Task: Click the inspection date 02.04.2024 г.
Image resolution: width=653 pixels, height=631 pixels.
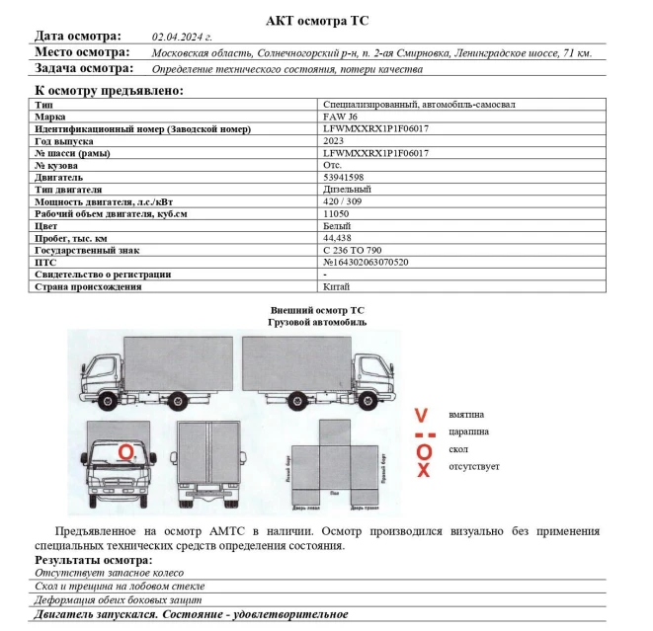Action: point(182,37)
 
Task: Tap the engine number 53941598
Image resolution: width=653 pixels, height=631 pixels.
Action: point(345,177)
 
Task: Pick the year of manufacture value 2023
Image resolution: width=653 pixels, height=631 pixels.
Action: point(334,141)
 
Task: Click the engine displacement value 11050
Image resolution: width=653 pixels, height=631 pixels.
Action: point(336,213)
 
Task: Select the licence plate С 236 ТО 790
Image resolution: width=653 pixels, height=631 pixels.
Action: point(353,250)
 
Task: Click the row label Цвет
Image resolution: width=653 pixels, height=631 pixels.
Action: point(45,226)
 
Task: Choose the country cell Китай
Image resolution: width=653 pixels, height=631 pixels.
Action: point(336,286)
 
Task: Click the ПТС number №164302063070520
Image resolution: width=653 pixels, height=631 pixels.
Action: point(366,263)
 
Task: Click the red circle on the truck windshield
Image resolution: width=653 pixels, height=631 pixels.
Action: point(125,452)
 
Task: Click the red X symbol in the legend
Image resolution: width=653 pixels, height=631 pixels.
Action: point(424,469)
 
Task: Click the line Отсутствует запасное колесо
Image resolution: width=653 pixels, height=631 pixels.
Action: point(109,573)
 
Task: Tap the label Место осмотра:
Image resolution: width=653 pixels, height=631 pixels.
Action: point(82,52)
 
